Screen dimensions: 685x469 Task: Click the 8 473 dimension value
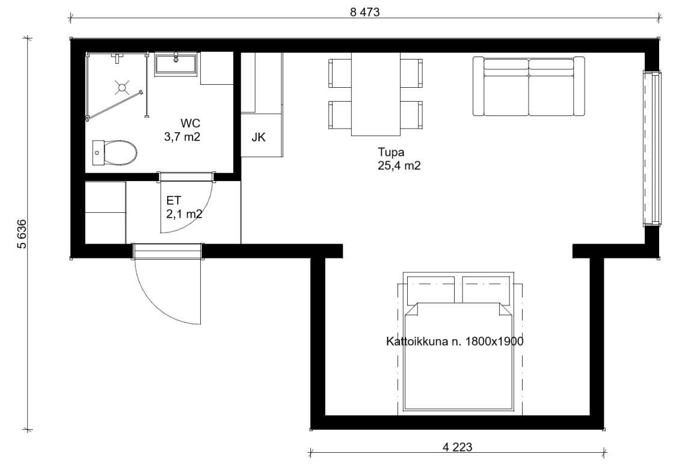[365, 12]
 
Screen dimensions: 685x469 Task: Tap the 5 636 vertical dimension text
[22, 234]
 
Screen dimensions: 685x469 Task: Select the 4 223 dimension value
[458, 447]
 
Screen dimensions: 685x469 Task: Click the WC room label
[190, 124]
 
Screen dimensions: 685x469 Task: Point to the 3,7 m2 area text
[182, 137]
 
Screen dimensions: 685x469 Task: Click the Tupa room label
[391, 152]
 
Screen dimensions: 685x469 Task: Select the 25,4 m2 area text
[399, 166]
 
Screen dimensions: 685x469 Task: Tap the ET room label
[173, 200]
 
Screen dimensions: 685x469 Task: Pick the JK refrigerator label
[258, 138]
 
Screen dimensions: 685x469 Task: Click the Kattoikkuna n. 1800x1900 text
[454, 341]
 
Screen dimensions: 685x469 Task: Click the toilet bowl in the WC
[115, 153]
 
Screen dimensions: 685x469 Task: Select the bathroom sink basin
[177, 63]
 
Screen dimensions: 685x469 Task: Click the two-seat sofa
[529, 86]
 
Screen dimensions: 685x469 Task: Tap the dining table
[376, 94]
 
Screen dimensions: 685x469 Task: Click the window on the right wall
[651, 148]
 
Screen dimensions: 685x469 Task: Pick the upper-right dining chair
[411, 73]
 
